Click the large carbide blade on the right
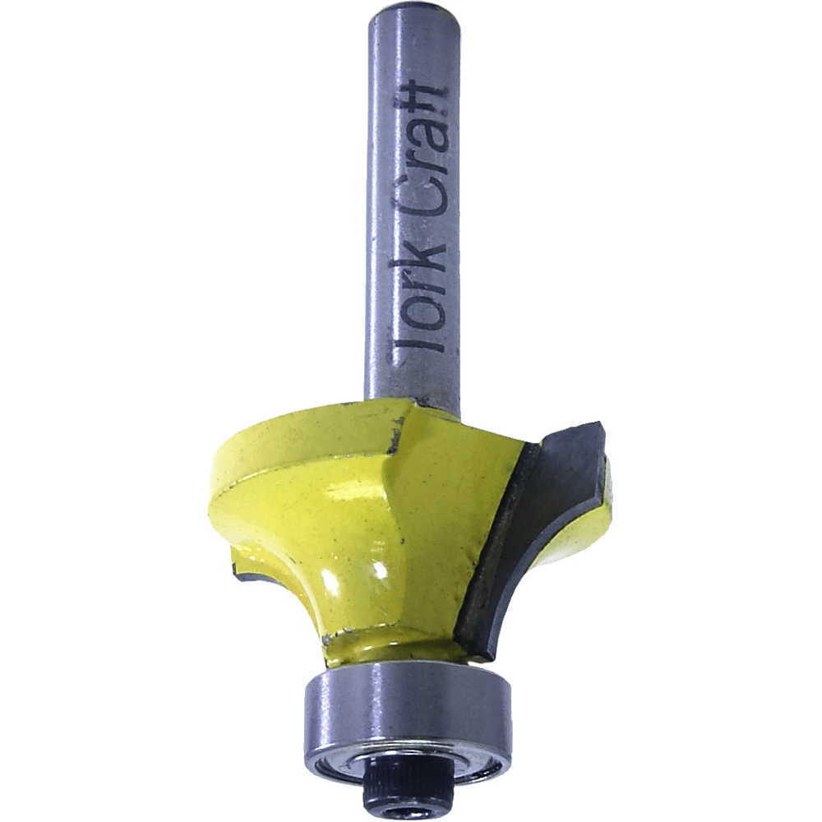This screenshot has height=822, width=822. (534, 534)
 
